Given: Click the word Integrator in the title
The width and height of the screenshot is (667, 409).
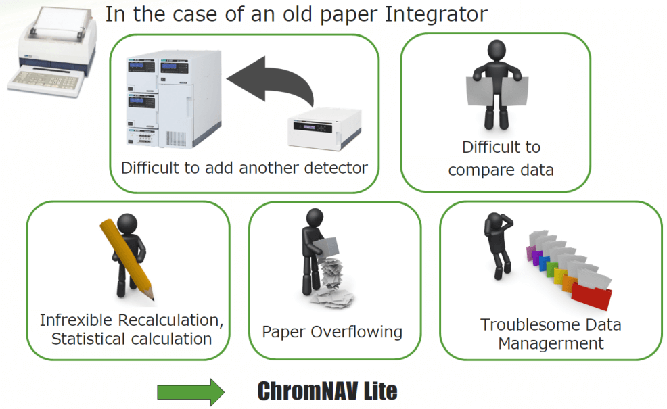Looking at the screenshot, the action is tap(436, 15).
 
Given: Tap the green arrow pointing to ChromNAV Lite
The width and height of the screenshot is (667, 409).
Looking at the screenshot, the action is tap(191, 391).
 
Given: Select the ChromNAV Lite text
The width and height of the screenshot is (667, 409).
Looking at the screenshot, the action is tap(327, 391).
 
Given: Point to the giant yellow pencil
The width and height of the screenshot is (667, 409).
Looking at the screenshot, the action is tap(127, 260).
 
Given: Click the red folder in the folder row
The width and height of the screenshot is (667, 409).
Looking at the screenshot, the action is tap(591, 295).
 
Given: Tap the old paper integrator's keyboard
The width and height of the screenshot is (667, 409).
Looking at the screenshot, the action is tap(45, 80).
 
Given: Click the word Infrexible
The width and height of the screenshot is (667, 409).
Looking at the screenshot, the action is tap(76, 320).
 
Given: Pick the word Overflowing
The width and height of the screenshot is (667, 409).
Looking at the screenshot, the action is tap(356, 332).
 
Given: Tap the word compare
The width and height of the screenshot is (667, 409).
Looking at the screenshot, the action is tap(481, 170).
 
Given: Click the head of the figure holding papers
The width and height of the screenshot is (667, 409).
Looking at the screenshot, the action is tap(497, 51).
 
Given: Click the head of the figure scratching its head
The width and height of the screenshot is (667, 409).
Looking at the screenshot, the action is tap(495, 222).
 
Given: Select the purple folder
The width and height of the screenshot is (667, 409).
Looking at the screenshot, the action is tap(530, 254).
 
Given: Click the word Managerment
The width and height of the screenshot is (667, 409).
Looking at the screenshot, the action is tap(551, 343).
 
